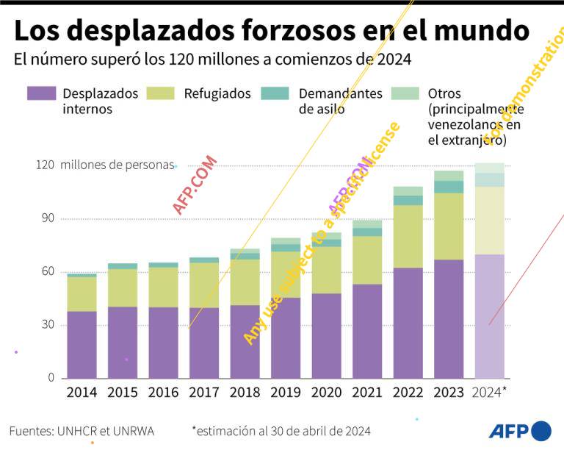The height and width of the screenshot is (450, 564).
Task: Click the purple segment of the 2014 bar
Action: coord(82,344)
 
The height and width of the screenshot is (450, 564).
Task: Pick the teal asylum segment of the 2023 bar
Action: coord(448,187)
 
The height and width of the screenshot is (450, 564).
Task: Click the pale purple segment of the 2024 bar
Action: coord(489,316)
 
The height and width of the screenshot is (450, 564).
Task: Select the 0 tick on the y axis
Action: coord(51,378)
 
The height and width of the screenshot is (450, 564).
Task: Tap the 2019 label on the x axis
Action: coord(286,393)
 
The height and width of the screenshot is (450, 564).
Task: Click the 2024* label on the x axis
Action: coord(490,393)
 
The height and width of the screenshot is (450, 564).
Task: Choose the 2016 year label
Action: coord(163,393)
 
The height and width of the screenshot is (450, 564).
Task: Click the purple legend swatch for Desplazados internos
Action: coord(41,93)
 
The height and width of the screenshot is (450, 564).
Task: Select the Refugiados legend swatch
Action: coord(161,93)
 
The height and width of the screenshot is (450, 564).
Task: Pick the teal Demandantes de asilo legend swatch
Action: coord(275,93)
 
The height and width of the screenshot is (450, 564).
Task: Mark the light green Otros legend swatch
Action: coord(405,93)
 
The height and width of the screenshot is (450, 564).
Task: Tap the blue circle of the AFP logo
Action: coord(541,431)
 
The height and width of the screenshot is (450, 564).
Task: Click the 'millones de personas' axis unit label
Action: coord(117,165)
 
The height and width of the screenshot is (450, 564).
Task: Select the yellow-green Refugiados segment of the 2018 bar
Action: coord(245,282)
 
